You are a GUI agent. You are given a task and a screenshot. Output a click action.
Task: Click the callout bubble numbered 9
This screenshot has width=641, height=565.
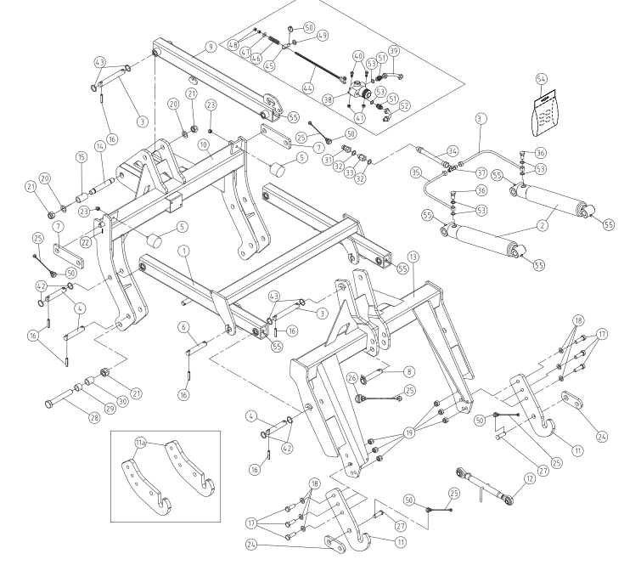pyautogui.click(x=211, y=47)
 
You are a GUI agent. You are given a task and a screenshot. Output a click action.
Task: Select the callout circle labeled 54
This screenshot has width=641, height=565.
pyautogui.click(x=541, y=78)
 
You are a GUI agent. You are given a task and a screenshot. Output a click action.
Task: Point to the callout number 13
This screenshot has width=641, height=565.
pyautogui.click(x=413, y=257)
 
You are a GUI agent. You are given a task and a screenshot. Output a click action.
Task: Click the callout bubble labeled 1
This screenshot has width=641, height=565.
pyautogui.click(x=184, y=251)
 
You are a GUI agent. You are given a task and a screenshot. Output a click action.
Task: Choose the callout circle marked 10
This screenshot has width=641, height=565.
pyautogui.click(x=203, y=144)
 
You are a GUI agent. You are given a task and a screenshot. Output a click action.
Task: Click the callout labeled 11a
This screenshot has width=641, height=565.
pyautogui.click(x=141, y=443)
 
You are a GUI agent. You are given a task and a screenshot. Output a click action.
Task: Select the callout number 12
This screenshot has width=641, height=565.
pyautogui.click(x=530, y=478)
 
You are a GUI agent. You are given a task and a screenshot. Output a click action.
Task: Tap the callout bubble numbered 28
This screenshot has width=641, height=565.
pyautogui.click(x=94, y=418)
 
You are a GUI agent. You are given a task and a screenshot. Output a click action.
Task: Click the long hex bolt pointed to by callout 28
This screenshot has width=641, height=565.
pyautogui.click(x=59, y=399)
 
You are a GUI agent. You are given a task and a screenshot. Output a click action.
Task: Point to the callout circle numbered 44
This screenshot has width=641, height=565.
pyautogui.click(x=308, y=88)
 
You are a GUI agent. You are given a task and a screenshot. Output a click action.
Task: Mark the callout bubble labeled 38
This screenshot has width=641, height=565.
pyautogui.click(x=328, y=99)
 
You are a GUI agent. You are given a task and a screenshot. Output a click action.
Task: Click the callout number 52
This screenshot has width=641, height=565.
pyautogui.click(x=404, y=105)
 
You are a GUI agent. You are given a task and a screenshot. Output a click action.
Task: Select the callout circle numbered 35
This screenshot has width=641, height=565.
pyautogui.click(x=416, y=172)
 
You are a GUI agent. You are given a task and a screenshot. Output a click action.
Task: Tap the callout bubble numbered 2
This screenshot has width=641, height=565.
pyautogui.click(x=543, y=225)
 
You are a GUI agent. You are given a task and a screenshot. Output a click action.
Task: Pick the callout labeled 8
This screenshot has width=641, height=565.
pyautogui.click(x=409, y=371)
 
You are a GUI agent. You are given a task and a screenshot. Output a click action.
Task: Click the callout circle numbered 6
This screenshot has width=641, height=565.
pyautogui.click(x=183, y=327)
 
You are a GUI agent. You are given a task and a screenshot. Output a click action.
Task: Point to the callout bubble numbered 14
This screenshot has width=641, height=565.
pyautogui.click(x=99, y=146)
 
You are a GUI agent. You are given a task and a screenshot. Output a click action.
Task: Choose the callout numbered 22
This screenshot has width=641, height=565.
pyautogui.click(x=85, y=242)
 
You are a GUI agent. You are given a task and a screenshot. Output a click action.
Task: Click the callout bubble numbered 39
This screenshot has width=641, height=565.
pyautogui.click(x=394, y=51)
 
